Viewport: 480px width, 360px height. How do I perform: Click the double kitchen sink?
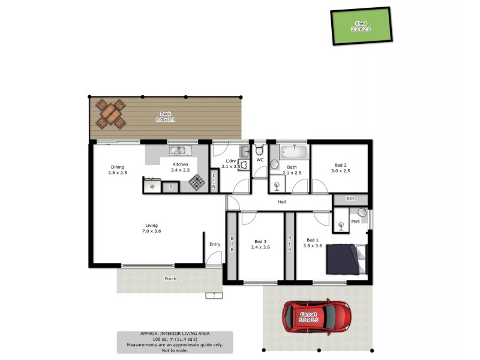[x=179, y=151]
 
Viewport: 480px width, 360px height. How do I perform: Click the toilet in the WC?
[x=260, y=148]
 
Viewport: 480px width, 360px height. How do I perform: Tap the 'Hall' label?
[x=281, y=202]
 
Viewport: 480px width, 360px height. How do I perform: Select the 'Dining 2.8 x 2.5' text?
[x=118, y=170]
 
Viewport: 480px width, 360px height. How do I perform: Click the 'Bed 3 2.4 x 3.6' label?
[x=261, y=243]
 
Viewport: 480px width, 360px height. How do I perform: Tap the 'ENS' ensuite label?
[x=356, y=221]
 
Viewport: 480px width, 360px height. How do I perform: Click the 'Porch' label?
[x=170, y=279]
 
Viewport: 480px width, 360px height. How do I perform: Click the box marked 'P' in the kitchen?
[x=170, y=187]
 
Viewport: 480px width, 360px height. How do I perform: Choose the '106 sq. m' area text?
[x=175, y=340]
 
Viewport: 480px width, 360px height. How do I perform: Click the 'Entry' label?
[x=215, y=244]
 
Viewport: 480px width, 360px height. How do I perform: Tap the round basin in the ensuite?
[x=362, y=212]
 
